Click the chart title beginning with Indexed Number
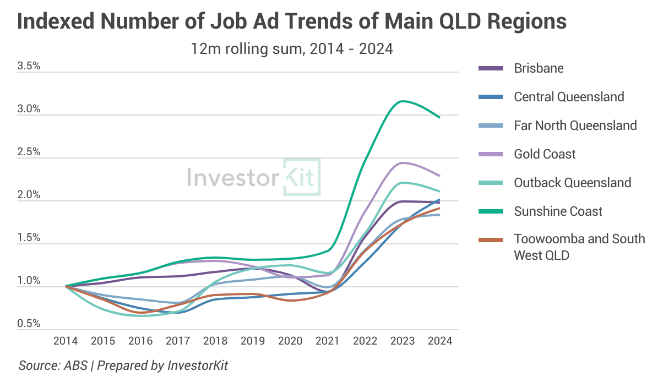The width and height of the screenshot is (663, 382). (x=292, y=22)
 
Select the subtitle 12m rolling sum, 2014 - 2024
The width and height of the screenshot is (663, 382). (x=292, y=49)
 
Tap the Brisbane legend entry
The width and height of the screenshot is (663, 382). (x=539, y=68)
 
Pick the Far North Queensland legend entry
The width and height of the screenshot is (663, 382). (x=575, y=125)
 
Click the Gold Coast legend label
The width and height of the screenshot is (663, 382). (x=545, y=154)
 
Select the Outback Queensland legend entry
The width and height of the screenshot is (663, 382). (x=572, y=183)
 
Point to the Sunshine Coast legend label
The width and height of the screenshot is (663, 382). (x=558, y=211)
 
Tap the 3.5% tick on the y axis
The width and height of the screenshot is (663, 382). (x=29, y=66)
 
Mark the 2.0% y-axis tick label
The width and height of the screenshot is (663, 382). (x=29, y=195)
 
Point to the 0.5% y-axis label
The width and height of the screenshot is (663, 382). (x=29, y=324)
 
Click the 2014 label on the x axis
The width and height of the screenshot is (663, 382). (x=66, y=341)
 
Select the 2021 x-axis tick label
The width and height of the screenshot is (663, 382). (x=327, y=341)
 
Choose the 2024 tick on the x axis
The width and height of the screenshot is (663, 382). (x=439, y=341)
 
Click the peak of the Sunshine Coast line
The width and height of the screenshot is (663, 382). (x=404, y=101)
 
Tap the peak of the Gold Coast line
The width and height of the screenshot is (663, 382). (x=403, y=162)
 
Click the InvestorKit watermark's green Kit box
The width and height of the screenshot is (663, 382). (x=301, y=177)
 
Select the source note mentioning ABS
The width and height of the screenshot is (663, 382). (x=123, y=365)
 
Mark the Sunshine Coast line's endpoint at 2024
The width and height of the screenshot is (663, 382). (x=439, y=117)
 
